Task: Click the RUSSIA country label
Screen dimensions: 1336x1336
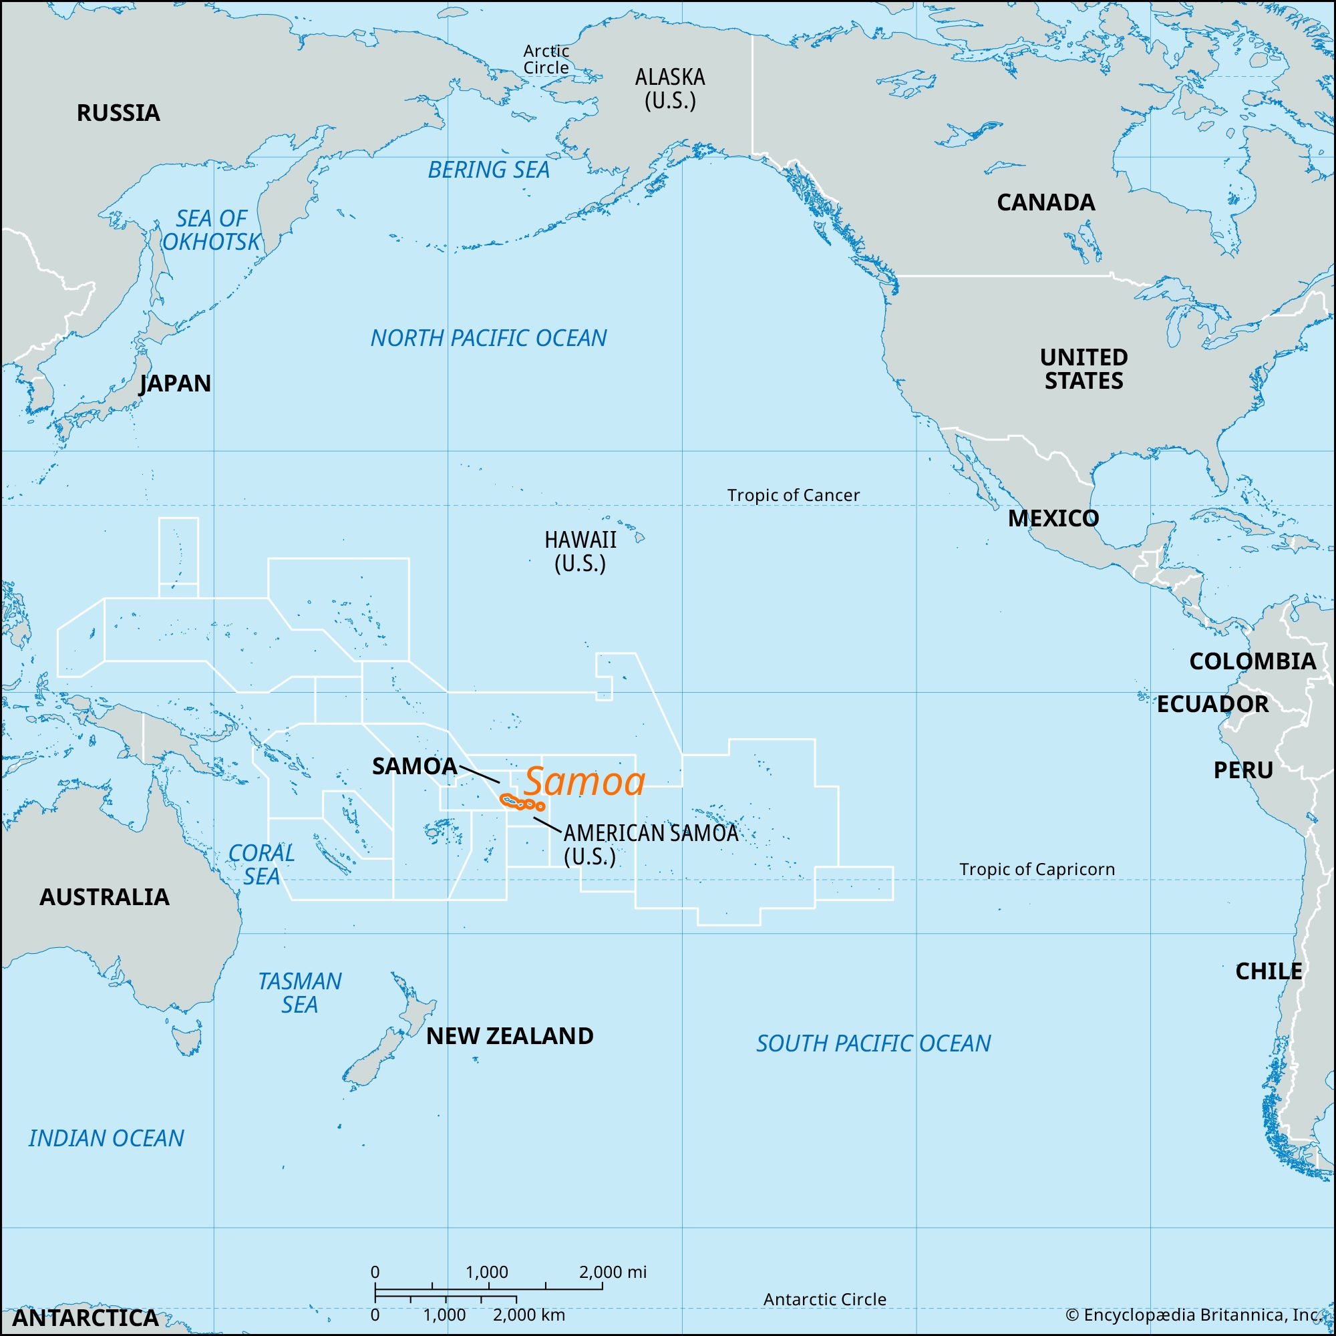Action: pyautogui.click(x=118, y=113)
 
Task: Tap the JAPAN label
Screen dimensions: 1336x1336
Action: pyautogui.click(x=175, y=383)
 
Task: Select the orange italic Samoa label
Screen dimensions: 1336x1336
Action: pyautogui.click(x=584, y=782)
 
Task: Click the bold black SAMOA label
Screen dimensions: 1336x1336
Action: pyautogui.click(x=414, y=766)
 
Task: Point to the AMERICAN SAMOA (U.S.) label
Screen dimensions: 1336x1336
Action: pyautogui.click(x=650, y=844)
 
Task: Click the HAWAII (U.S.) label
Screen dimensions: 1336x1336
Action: pyautogui.click(x=580, y=551)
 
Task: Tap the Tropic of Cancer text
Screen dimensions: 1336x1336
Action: pyautogui.click(x=793, y=495)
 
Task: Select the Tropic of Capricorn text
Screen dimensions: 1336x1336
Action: pyautogui.click(x=1037, y=869)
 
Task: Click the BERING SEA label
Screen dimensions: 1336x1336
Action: pyautogui.click(x=488, y=170)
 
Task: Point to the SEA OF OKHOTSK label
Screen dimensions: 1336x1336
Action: pyautogui.click(x=211, y=230)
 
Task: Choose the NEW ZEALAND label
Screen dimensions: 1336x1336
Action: pyautogui.click(x=510, y=1036)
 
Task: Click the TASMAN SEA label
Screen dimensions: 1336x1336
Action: pyautogui.click(x=299, y=993)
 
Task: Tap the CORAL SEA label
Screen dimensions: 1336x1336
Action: pyautogui.click(x=261, y=864)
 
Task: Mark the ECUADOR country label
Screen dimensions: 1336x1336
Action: pyautogui.click(x=1213, y=704)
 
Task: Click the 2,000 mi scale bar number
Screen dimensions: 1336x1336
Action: pyautogui.click(x=613, y=1272)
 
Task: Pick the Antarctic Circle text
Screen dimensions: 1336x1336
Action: pyautogui.click(x=824, y=1299)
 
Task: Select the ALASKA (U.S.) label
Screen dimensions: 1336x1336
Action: pyautogui.click(x=669, y=89)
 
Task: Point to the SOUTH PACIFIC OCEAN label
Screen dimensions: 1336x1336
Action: pyautogui.click(x=872, y=1043)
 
